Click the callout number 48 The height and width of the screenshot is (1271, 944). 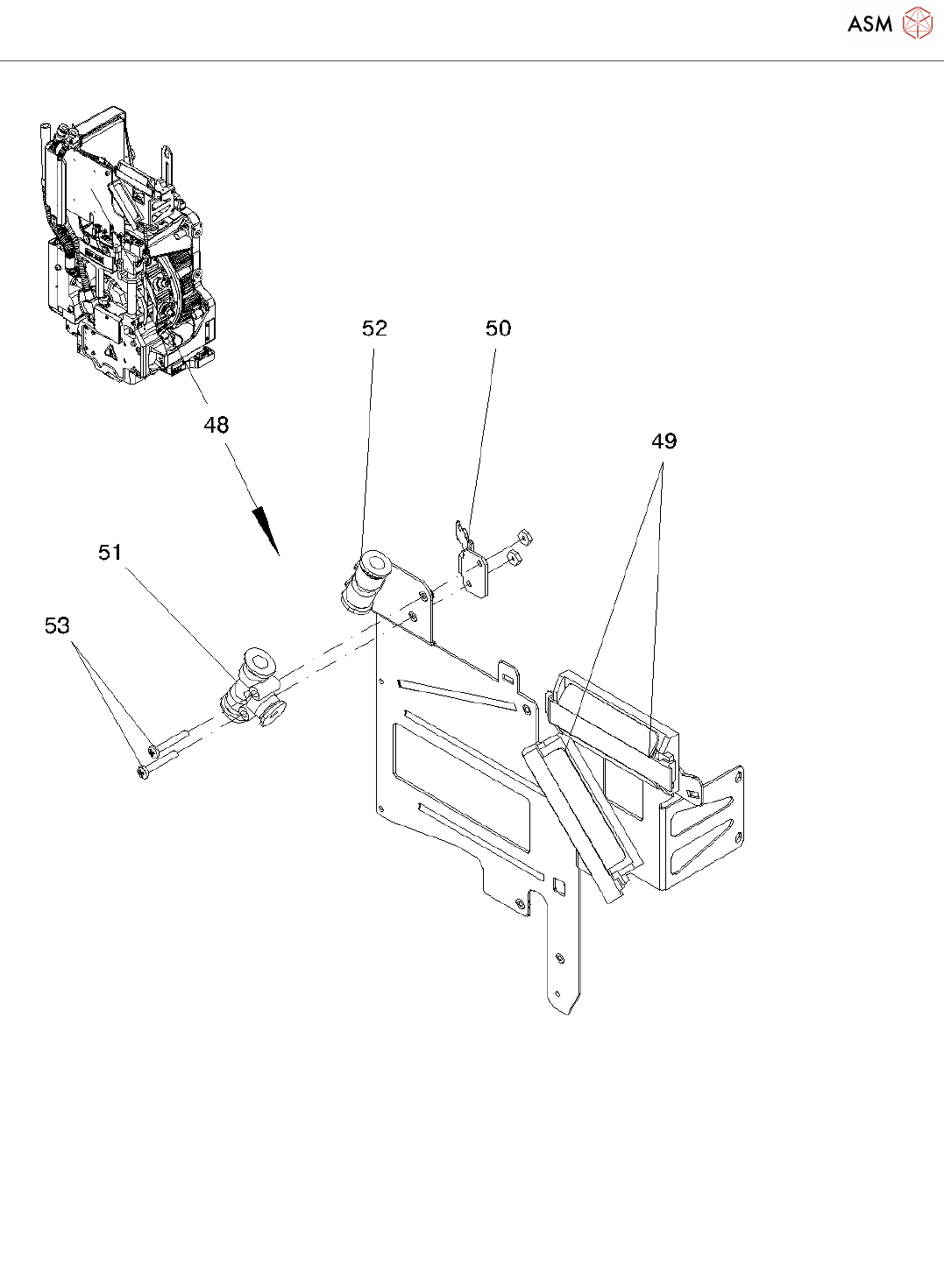pyautogui.click(x=216, y=425)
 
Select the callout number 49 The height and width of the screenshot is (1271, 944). pyautogui.click(x=664, y=441)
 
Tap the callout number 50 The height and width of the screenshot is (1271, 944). pyautogui.click(x=498, y=328)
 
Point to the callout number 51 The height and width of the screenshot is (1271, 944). pyautogui.click(x=110, y=552)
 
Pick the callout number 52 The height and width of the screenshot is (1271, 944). pyautogui.click(x=374, y=328)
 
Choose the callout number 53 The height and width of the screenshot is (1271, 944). pyautogui.click(x=57, y=625)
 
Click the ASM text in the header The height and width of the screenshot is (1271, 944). pyautogui.click(x=869, y=24)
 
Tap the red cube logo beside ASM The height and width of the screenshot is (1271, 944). pyautogui.click(x=917, y=23)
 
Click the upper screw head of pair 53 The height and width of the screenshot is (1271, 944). pyautogui.click(x=153, y=750)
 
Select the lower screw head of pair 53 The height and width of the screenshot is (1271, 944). pyautogui.click(x=143, y=772)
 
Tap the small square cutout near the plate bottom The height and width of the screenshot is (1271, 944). pyautogui.click(x=558, y=887)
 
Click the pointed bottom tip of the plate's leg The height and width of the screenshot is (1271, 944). pyautogui.click(x=570, y=1012)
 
